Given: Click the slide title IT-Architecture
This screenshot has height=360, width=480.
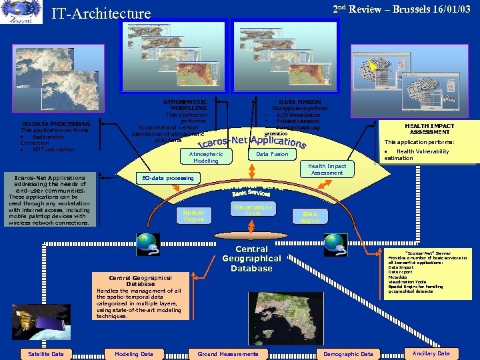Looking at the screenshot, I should pos(102,13).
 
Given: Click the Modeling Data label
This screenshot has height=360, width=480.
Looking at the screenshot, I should pos(134,354).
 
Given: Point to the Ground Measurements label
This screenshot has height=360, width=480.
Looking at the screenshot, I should pos(228,354).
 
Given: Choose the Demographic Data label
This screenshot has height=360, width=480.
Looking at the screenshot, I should pos(348,354).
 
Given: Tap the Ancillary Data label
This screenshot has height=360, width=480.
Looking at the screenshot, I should pos(431,353).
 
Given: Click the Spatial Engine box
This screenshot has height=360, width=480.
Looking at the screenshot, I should pos(194,215).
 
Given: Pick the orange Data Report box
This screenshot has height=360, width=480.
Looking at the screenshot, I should pos(310,217).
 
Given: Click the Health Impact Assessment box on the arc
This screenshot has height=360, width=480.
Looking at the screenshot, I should pos(327,169).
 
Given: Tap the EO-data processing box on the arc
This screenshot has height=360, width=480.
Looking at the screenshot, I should pos(168,178).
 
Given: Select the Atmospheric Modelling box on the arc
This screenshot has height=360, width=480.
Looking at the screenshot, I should pos(205,157).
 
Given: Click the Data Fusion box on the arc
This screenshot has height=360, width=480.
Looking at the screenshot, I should pos(272,154).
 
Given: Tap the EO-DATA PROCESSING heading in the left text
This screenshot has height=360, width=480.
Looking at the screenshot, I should pos(56,124).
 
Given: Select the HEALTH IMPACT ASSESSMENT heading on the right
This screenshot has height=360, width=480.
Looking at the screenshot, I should pos(429,129).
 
